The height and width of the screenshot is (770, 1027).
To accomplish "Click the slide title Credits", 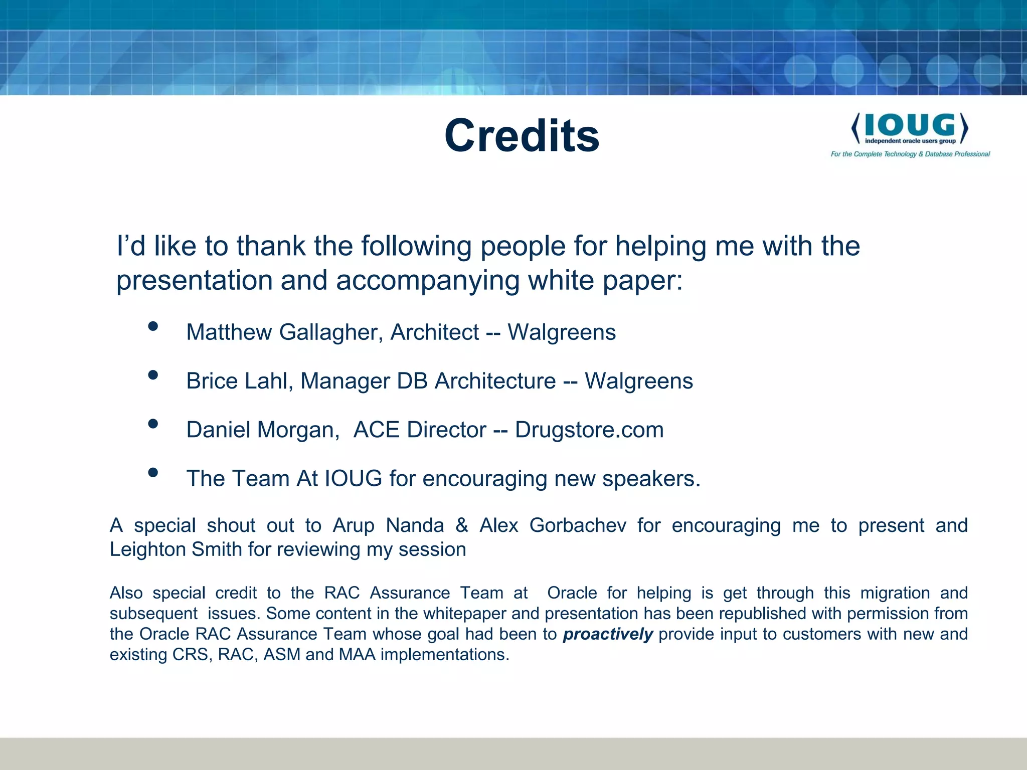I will click(x=522, y=136).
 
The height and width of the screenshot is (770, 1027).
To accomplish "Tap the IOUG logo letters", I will click(x=910, y=125).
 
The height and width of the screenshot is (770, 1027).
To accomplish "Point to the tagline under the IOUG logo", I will click(x=910, y=154).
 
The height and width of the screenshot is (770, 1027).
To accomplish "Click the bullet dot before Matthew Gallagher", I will click(x=153, y=326).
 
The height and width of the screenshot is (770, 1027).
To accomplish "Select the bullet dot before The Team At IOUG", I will click(x=153, y=472).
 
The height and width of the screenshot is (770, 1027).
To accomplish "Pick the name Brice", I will click(x=211, y=381).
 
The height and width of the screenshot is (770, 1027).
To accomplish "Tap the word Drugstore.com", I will click(x=589, y=430).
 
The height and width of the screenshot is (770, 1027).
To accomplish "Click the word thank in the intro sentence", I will click(x=271, y=246).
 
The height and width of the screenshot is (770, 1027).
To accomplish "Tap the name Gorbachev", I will click(x=578, y=525).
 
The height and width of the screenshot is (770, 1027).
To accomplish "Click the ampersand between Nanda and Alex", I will click(x=462, y=525).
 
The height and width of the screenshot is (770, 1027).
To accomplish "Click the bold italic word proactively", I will click(x=608, y=634).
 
